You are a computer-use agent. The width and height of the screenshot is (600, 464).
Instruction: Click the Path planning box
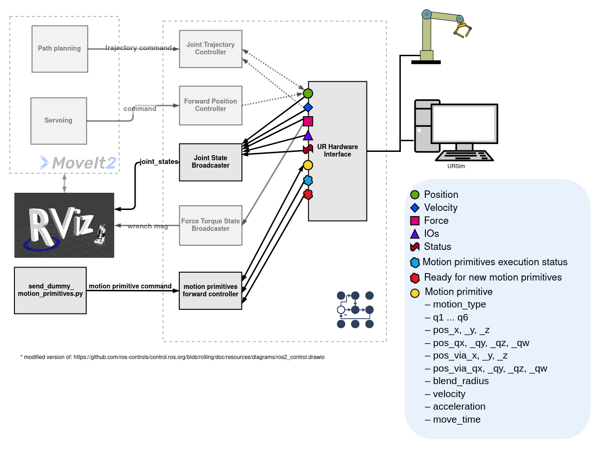(x=59, y=49)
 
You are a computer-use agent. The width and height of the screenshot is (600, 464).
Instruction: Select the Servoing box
(x=59, y=121)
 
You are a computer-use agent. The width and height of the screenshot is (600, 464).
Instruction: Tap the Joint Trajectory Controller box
(x=210, y=49)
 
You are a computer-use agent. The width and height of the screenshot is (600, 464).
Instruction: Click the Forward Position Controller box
(x=210, y=105)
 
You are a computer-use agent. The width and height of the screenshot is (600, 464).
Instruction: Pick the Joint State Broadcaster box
(x=210, y=162)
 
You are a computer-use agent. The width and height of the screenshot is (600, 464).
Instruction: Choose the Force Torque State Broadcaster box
(x=210, y=225)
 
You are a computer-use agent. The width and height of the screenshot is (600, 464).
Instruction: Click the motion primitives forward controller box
(x=210, y=291)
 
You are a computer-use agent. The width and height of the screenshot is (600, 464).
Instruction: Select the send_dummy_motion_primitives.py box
(x=50, y=290)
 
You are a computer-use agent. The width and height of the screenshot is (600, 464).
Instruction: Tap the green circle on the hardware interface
(x=308, y=93)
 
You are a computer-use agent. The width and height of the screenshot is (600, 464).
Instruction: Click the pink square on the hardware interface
(x=308, y=121)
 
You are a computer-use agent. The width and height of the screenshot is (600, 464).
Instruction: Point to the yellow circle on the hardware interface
(x=308, y=165)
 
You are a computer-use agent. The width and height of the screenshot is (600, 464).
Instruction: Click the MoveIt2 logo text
(x=84, y=163)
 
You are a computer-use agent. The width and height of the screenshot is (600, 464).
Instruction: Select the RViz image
(x=64, y=225)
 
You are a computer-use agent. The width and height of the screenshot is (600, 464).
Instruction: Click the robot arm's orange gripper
(x=463, y=30)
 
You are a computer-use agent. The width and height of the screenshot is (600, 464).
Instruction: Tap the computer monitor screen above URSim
(x=464, y=123)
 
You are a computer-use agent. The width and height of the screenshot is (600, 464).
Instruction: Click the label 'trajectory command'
(x=138, y=48)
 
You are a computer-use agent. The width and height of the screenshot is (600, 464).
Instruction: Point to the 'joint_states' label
(x=159, y=162)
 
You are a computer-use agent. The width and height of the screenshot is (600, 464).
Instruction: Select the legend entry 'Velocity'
(x=440, y=208)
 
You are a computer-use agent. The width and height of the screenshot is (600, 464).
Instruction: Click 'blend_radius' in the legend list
(x=460, y=381)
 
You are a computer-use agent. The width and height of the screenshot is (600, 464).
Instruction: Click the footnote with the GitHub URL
(x=172, y=357)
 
